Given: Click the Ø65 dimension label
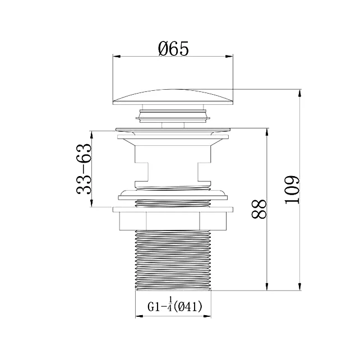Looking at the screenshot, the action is tap(173, 48).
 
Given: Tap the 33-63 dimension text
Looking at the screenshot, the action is tap(84, 169).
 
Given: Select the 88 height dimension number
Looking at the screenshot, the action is tap(259, 209).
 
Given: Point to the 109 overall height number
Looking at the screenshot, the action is tap(292, 190).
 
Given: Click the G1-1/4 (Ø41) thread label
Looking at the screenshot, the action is tap(175, 306).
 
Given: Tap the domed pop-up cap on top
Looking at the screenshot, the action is tap(173, 97).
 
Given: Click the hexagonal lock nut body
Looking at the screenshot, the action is tap(173, 221).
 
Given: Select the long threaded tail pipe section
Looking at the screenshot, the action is tap(173, 260).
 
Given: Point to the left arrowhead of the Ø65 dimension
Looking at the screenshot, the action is tap(117, 57).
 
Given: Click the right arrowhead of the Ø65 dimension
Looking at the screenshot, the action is tap(229, 57).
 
